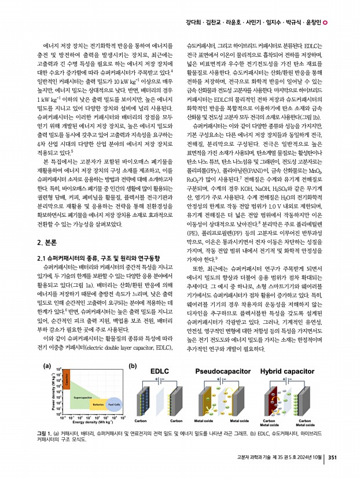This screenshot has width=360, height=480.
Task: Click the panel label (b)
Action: pyautogui.click(x=132, y=349)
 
